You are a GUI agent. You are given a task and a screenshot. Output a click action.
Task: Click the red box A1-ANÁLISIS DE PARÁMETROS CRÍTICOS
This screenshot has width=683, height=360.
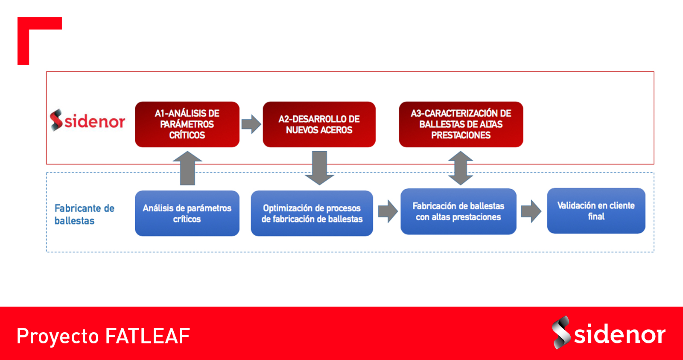coord(187,124)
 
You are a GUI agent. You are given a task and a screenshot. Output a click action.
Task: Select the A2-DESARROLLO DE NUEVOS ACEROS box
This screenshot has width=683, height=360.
coord(319,124)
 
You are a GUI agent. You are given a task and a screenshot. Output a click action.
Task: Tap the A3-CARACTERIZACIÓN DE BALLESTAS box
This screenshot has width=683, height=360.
coord(461,124)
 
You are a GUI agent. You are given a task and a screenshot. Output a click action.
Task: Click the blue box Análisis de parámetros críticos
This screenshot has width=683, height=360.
coord(187,213)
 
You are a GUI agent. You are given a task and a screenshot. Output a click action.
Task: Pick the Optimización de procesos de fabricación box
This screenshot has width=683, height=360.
coord(312,213)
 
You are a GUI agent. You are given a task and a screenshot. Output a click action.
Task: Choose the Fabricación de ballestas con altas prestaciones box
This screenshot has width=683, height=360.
coord(458,211)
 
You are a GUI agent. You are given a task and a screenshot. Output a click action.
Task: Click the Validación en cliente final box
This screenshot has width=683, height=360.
coord(596,211)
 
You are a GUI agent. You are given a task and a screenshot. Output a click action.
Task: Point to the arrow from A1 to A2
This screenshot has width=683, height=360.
coord(251,124)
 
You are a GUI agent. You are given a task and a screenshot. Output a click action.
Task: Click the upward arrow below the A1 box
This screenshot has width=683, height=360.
coord(187,168)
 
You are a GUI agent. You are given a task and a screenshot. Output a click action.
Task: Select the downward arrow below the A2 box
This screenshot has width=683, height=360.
coord(320,168)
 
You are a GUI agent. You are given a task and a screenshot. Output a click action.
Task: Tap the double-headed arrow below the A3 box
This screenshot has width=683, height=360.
coord(461,168)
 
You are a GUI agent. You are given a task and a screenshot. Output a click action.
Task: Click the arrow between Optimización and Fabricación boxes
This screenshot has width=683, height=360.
coord(388,211)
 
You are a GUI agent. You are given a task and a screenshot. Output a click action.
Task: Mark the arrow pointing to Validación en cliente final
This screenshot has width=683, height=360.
coord(531,211)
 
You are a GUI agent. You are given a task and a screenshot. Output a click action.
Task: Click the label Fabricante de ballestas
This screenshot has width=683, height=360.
coord(85,214)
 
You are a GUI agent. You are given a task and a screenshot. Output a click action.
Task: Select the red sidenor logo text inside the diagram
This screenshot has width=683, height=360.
coord(95,121)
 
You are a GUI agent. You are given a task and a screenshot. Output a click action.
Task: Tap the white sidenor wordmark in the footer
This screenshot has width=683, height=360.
coord(619,334)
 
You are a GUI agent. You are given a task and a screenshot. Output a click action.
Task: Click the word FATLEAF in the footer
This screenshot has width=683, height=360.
coord(148,336)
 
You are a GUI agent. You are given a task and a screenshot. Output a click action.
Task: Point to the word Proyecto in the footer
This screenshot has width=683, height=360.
coord(58,337)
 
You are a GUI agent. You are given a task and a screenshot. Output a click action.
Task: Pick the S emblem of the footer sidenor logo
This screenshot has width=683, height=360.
coord(561,333)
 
